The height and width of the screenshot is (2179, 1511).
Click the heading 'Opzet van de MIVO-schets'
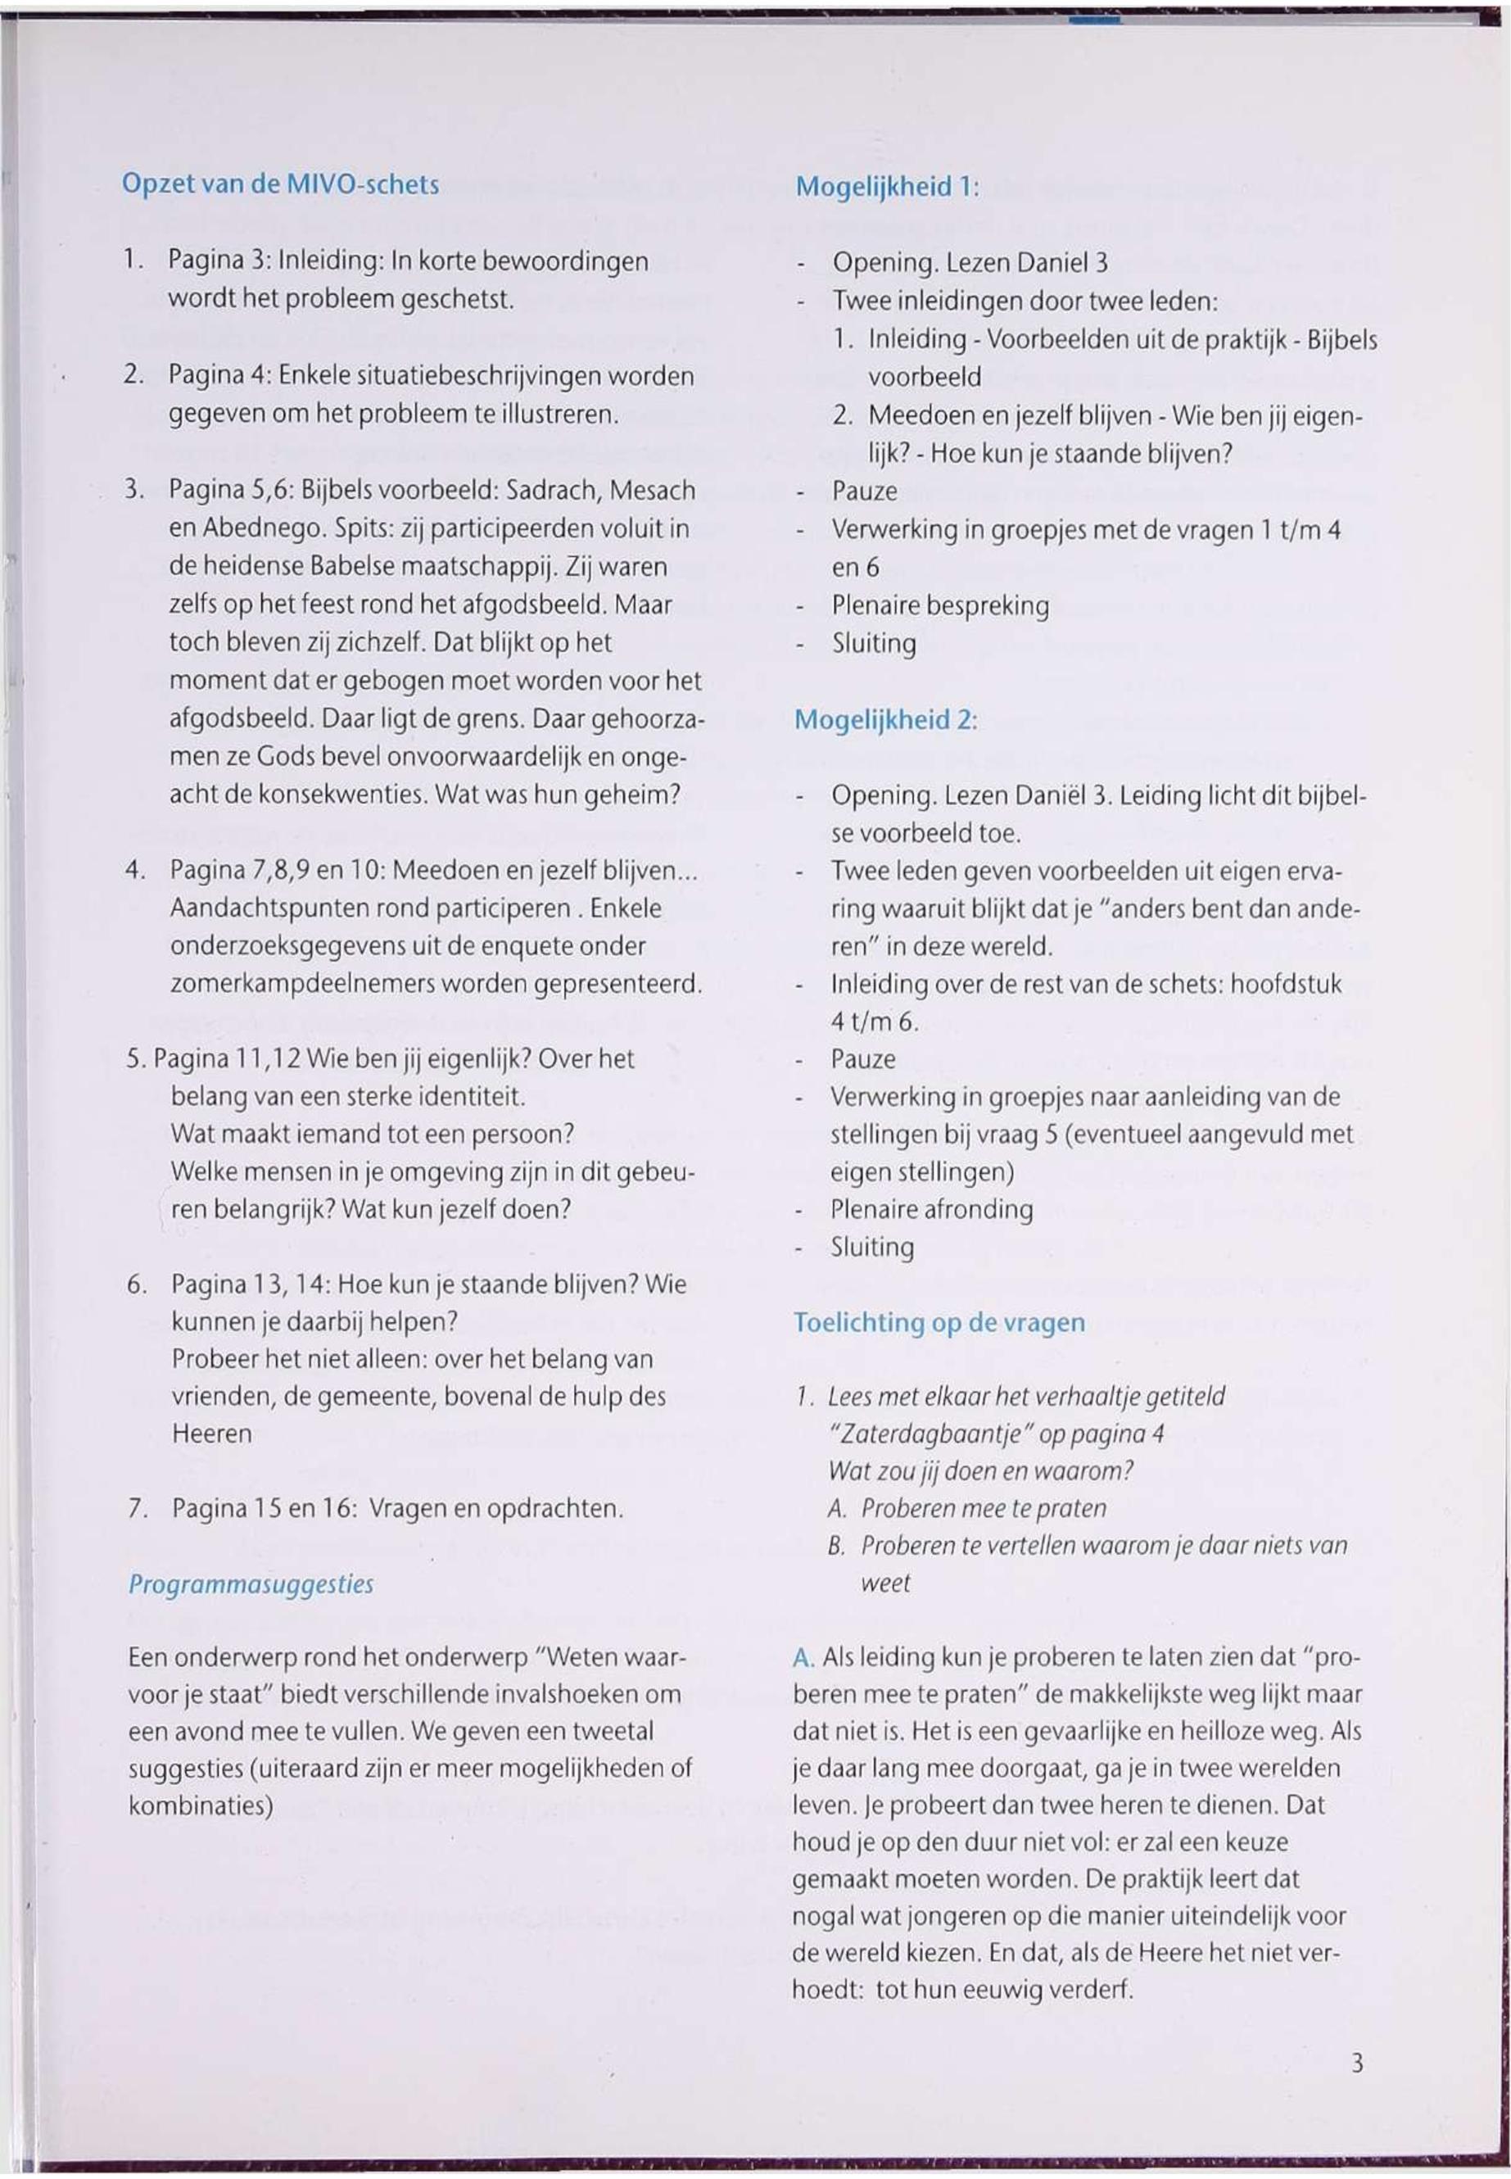click(280, 183)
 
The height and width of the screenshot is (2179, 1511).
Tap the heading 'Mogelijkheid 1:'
click(886, 186)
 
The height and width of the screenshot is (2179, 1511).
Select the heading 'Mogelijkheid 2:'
click(884, 720)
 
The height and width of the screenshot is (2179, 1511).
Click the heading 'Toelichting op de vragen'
click(939, 1322)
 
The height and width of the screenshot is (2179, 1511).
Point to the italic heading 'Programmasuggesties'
click(251, 1584)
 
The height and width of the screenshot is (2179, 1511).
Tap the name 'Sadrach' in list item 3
click(550, 491)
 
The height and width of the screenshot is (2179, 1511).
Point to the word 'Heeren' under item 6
click(212, 1434)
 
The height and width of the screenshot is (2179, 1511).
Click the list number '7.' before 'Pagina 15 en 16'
click(136, 1509)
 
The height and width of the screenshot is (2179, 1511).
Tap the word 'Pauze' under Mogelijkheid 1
click(863, 492)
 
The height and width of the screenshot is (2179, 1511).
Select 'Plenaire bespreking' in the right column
click(940, 605)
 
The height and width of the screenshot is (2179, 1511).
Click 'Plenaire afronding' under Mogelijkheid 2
click(932, 1209)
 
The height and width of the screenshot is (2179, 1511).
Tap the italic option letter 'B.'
click(835, 1547)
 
